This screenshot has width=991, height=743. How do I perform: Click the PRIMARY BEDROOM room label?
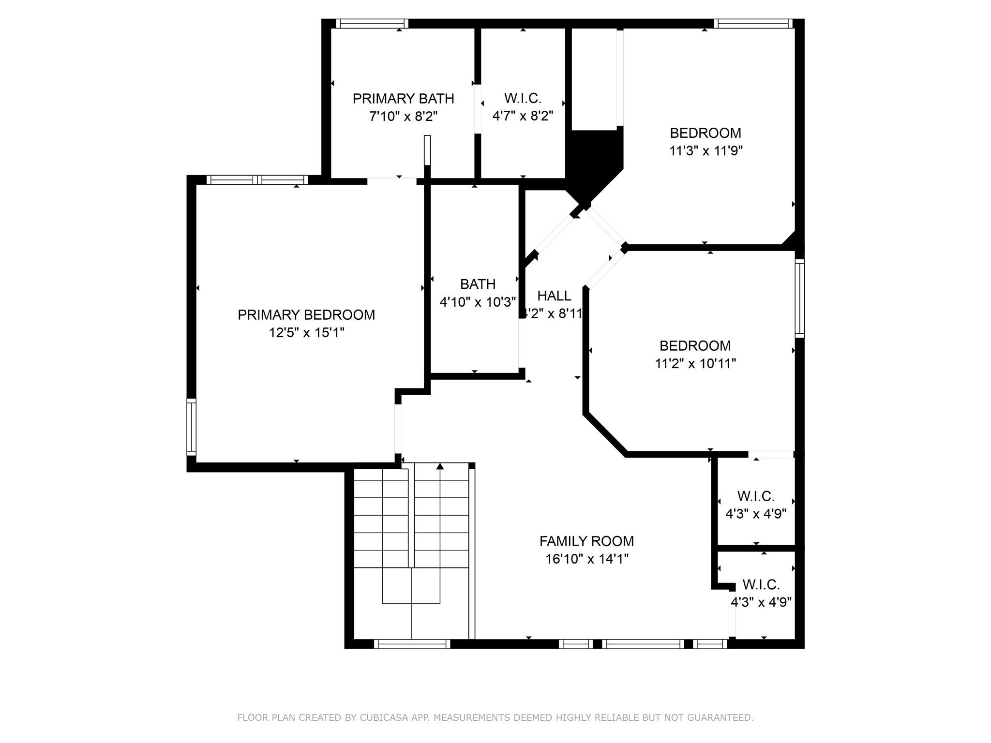point(306,315)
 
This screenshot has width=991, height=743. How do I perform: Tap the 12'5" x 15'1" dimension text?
point(306,333)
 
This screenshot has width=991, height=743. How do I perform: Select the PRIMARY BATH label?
point(403,99)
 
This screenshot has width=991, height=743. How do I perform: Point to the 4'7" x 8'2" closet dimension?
point(523,116)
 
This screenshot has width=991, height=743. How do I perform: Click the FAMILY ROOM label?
point(586,541)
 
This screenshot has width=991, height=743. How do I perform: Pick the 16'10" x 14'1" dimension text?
point(586,559)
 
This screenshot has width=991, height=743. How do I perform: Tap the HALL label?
point(554,296)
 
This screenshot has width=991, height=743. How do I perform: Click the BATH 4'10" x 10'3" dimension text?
point(477,302)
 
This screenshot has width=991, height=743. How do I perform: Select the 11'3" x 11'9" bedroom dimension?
point(706,151)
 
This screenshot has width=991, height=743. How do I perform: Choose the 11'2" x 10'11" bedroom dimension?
point(695,363)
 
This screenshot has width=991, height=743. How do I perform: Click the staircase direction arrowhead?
point(440,466)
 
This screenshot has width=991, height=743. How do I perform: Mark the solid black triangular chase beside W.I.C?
point(593,160)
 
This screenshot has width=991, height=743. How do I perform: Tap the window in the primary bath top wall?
point(372,23)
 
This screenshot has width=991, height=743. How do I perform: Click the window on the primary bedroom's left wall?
point(192,427)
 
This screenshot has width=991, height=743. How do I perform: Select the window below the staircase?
point(412,644)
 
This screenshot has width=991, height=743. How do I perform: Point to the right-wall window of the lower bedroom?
point(799,298)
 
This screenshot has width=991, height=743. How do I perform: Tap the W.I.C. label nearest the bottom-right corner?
point(761,585)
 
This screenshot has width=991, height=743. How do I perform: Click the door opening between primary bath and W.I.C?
point(478,109)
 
